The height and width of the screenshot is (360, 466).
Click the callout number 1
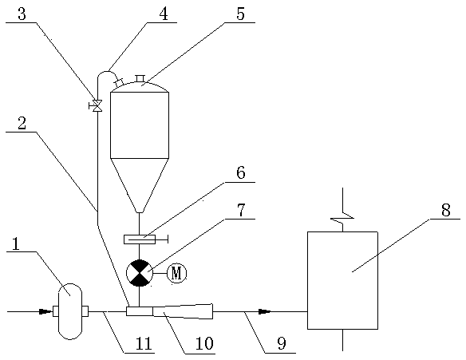pyautogui.click(x=15, y=245)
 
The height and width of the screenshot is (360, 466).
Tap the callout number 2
pyautogui.click(x=22, y=124)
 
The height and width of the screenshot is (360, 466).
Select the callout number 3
pyautogui.click(x=22, y=14)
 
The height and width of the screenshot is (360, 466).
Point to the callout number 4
pyautogui.click(x=163, y=14)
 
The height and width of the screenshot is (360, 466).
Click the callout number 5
pyautogui.click(x=240, y=14)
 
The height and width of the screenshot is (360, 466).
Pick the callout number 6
pyautogui.click(x=241, y=172)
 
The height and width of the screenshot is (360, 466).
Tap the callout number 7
pyautogui.click(x=241, y=210)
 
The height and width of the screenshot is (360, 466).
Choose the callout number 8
pyautogui.click(x=446, y=210)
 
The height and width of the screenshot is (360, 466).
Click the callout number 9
pyautogui.click(x=282, y=344)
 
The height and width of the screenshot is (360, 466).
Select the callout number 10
pyautogui.click(x=204, y=344)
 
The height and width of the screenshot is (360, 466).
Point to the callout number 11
pyautogui.click(x=144, y=344)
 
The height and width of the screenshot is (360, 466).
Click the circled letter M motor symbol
pyautogui.click(x=177, y=273)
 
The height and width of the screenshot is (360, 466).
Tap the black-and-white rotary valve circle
pyautogui.click(x=140, y=273)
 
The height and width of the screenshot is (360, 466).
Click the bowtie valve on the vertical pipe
pyautogui.click(x=97, y=105)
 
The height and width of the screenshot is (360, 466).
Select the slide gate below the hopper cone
pyautogui.click(x=140, y=239)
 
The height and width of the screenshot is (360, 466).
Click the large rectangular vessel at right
pyautogui.click(x=342, y=280)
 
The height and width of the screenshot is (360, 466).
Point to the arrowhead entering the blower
pyautogui.click(x=45, y=311)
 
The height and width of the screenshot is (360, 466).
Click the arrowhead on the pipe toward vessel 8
pyautogui.click(x=265, y=311)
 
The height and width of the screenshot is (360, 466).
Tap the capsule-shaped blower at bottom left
pyautogui.click(x=70, y=311)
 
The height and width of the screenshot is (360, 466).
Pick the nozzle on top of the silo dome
pyautogui.click(x=140, y=78)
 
